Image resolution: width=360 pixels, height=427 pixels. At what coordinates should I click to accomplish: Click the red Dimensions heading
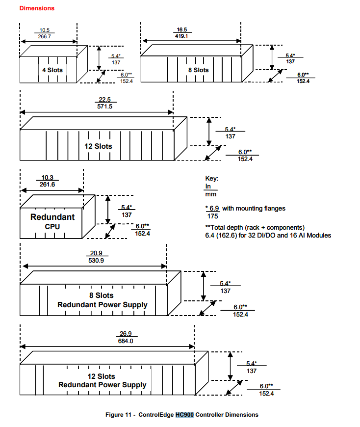(37, 8)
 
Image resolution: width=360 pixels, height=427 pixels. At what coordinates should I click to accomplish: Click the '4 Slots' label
(52, 70)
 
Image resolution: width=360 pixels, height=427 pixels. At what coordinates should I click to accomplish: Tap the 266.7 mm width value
(44, 36)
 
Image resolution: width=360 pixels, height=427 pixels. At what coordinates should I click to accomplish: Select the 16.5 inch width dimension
(182, 29)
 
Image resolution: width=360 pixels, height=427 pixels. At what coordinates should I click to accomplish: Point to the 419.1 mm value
(181, 36)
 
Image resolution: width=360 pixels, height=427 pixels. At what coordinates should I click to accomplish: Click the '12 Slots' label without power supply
(98, 146)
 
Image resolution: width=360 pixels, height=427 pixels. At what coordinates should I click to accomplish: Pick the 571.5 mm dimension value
(105, 106)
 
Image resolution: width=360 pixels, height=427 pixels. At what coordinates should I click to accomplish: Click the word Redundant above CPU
(52, 217)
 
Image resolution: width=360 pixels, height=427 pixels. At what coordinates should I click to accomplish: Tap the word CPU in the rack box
(52, 227)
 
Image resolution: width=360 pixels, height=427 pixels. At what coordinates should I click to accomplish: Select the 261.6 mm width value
(48, 185)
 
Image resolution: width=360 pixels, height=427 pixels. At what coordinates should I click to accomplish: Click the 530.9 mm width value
(96, 260)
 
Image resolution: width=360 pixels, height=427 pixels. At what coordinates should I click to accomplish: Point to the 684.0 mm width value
(126, 341)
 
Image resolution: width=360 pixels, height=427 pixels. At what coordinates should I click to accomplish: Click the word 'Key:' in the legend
(211, 178)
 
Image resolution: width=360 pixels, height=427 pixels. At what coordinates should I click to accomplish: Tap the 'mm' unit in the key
(210, 194)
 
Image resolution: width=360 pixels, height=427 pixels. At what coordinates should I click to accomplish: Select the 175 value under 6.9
(212, 216)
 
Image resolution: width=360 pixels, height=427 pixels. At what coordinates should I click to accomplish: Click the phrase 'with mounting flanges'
(254, 208)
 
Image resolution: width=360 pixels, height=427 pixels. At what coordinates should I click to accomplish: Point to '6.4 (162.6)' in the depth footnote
(221, 235)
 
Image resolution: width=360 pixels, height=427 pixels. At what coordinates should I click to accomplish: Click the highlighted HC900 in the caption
(184, 415)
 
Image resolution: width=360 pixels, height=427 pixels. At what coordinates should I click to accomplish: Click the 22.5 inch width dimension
(105, 100)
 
